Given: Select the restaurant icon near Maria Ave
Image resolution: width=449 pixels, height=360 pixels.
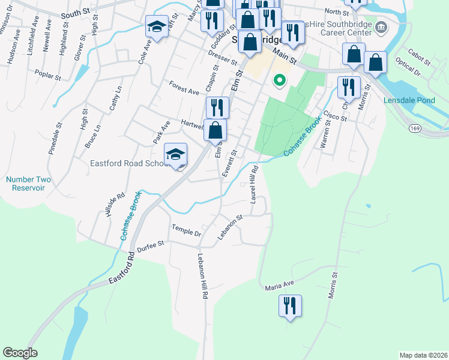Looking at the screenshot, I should click(290, 306).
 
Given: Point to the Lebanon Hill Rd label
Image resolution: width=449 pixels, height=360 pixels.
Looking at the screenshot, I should click(203, 276).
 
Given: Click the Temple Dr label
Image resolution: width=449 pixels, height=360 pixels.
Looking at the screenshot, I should click(185, 229).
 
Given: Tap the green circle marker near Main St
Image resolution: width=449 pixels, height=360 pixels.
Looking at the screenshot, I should click(279, 80).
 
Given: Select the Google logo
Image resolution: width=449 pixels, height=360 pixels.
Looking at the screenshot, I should click(20, 353).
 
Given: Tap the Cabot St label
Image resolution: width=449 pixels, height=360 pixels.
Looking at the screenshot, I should click(418, 58).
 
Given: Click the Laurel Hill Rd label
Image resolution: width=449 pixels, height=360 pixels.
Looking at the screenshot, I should click(254, 184).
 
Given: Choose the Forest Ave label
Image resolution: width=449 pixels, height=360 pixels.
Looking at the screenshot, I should click(184, 88).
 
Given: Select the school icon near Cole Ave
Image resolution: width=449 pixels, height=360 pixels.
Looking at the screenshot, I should click(157, 27).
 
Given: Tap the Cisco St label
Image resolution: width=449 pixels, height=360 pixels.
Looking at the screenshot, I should click(335, 115).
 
